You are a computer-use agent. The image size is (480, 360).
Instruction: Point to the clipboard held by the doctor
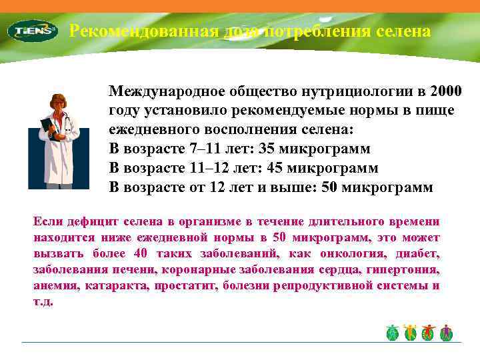[x=47, y=126]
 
